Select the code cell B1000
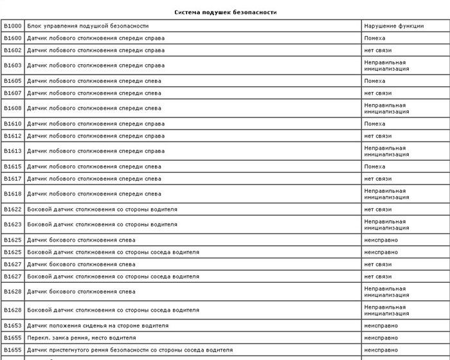click(x=12, y=26)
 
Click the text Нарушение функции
click(x=393, y=26)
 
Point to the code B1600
click(x=12, y=38)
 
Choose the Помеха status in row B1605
click(x=375, y=81)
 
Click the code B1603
click(x=12, y=66)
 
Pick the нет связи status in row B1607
click(x=377, y=93)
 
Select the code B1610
click(x=12, y=123)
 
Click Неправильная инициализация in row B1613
click(x=385, y=151)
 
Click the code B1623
click(x=12, y=225)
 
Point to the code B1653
click(x=12, y=326)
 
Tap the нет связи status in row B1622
click(x=377, y=210)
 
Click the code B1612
click(x=12, y=136)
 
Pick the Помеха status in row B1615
click(x=375, y=166)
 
